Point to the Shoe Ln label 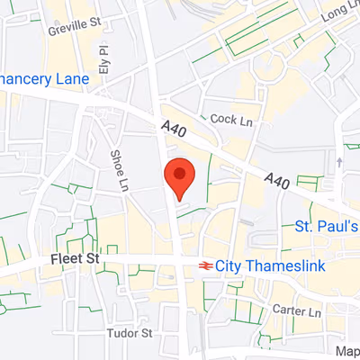(119, 171)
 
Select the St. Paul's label (328, 226)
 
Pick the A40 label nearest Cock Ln (174, 130)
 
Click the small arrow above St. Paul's (339, 162)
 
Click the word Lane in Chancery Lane (71, 79)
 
